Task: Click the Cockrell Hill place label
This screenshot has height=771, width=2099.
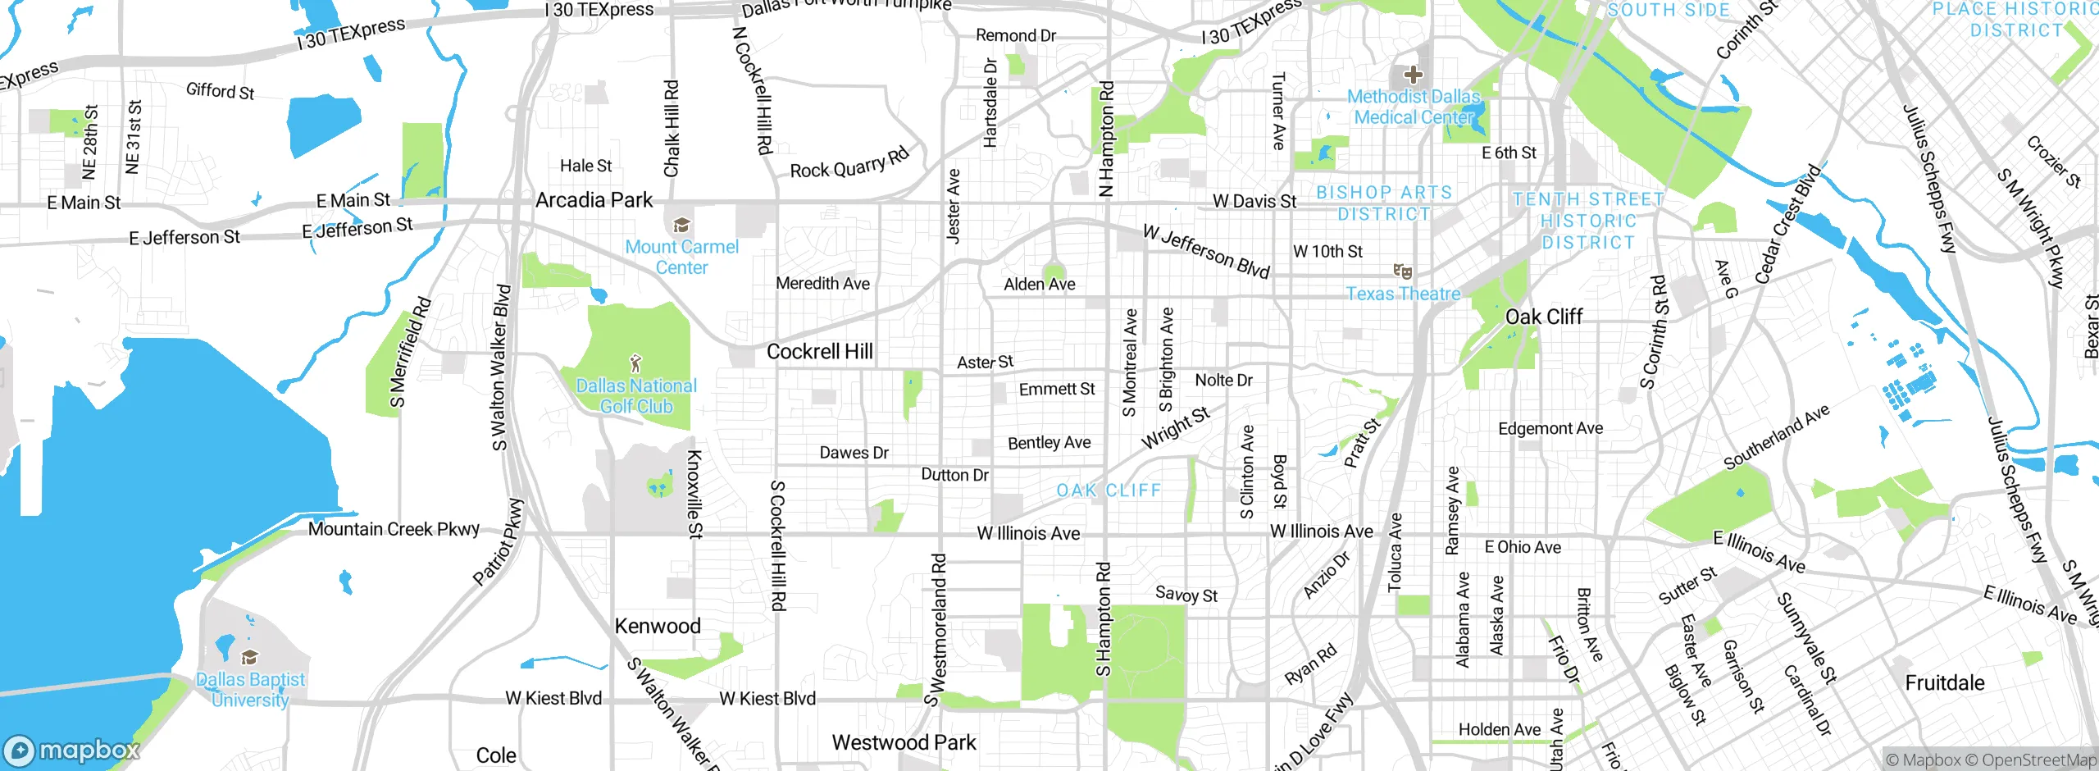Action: tap(819, 352)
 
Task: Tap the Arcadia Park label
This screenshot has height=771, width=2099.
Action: tap(594, 200)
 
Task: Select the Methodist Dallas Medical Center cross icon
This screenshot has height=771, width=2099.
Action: tap(1413, 75)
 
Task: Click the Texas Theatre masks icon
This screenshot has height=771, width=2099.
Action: tap(1403, 271)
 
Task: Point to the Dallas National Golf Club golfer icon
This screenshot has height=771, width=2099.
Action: tap(635, 363)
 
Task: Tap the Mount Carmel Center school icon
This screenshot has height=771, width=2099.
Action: tap(681, 225)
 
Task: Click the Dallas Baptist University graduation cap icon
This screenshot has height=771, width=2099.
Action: tap(249, 658)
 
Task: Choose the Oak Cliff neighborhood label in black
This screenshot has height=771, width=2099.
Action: tap(1543, 317)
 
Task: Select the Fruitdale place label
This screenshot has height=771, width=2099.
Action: tap(1944, 683)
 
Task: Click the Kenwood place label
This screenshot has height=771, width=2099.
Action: tap(658, 627)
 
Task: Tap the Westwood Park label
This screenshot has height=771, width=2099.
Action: tap(904, 743)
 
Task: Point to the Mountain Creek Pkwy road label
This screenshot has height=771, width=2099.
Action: tap(394, 530)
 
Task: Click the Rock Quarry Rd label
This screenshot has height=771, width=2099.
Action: tap(849, 163)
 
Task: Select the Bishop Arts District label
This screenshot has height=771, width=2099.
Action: tap(1384, 203)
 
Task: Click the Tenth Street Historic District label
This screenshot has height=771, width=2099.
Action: tap(1588, 221)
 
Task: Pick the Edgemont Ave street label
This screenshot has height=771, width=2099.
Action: tap(1550, 429)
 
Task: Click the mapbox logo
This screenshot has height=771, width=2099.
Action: tap(72, 750)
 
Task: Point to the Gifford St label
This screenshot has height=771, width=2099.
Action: tap(220, 91)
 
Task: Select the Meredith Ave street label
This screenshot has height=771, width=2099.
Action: tap(822, 284)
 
